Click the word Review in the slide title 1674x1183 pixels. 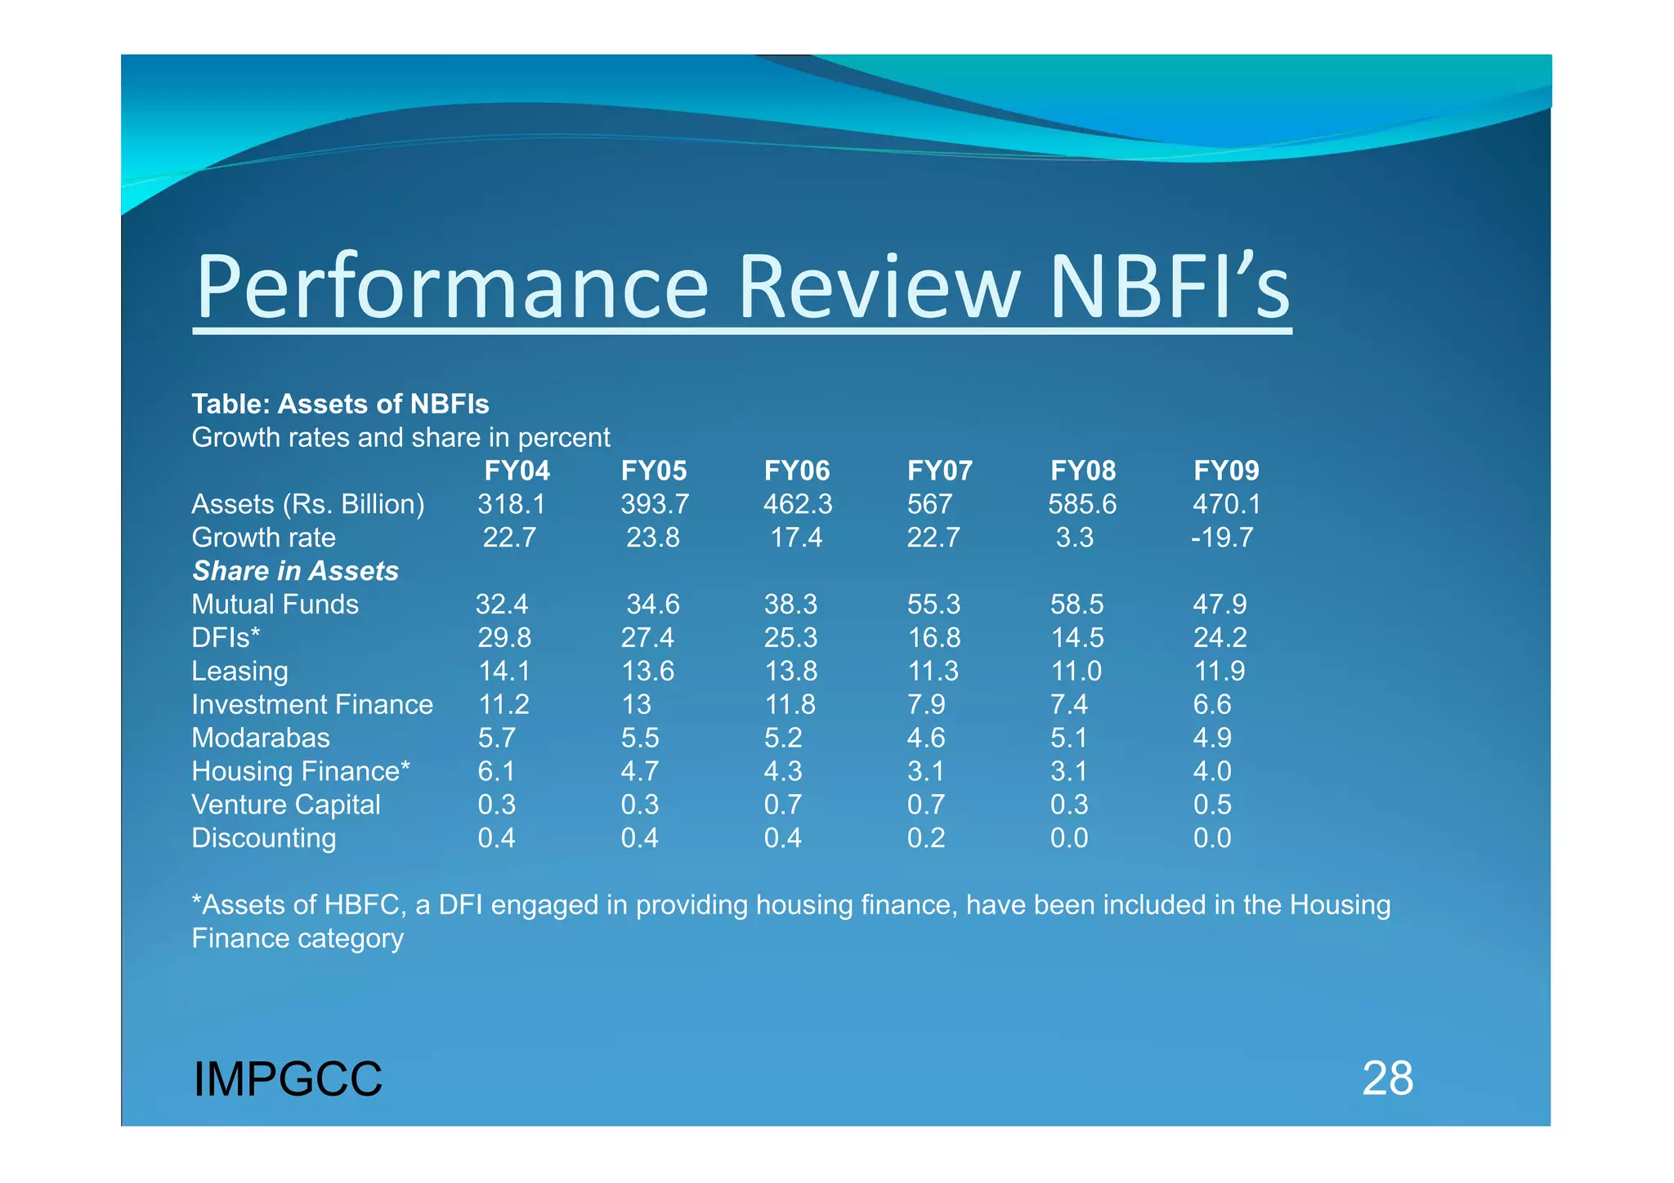[x=880, y=287]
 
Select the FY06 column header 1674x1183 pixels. [x=796, y=471]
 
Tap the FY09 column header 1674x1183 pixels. [x=1226, y=471]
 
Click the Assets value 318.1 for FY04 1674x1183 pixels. [x=511, y=504]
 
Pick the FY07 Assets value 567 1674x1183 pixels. [x=929, y=504]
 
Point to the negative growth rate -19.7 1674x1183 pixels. [x=1222, y=538]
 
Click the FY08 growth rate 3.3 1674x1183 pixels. [x=1074, y=538]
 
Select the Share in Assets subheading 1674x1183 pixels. [x=295, y=571]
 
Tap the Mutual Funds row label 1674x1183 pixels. [x=275, y=605]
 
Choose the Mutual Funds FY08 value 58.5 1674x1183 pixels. [x=1076, y=605]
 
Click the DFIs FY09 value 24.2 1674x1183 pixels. [x=1220, y=637]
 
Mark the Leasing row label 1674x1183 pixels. [x=239, y=672]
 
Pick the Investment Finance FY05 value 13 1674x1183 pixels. [x=636, y=704]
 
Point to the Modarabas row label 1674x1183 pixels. [x=261, y=738]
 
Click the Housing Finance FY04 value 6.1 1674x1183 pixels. [x=496, y=771]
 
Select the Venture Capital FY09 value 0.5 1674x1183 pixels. [x=1212, y=805]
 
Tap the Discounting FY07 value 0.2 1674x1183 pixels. [x=926, y=838]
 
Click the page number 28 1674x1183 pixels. [x=1387, y=1078]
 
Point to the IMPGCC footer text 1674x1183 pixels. [x=288, y=1079]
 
